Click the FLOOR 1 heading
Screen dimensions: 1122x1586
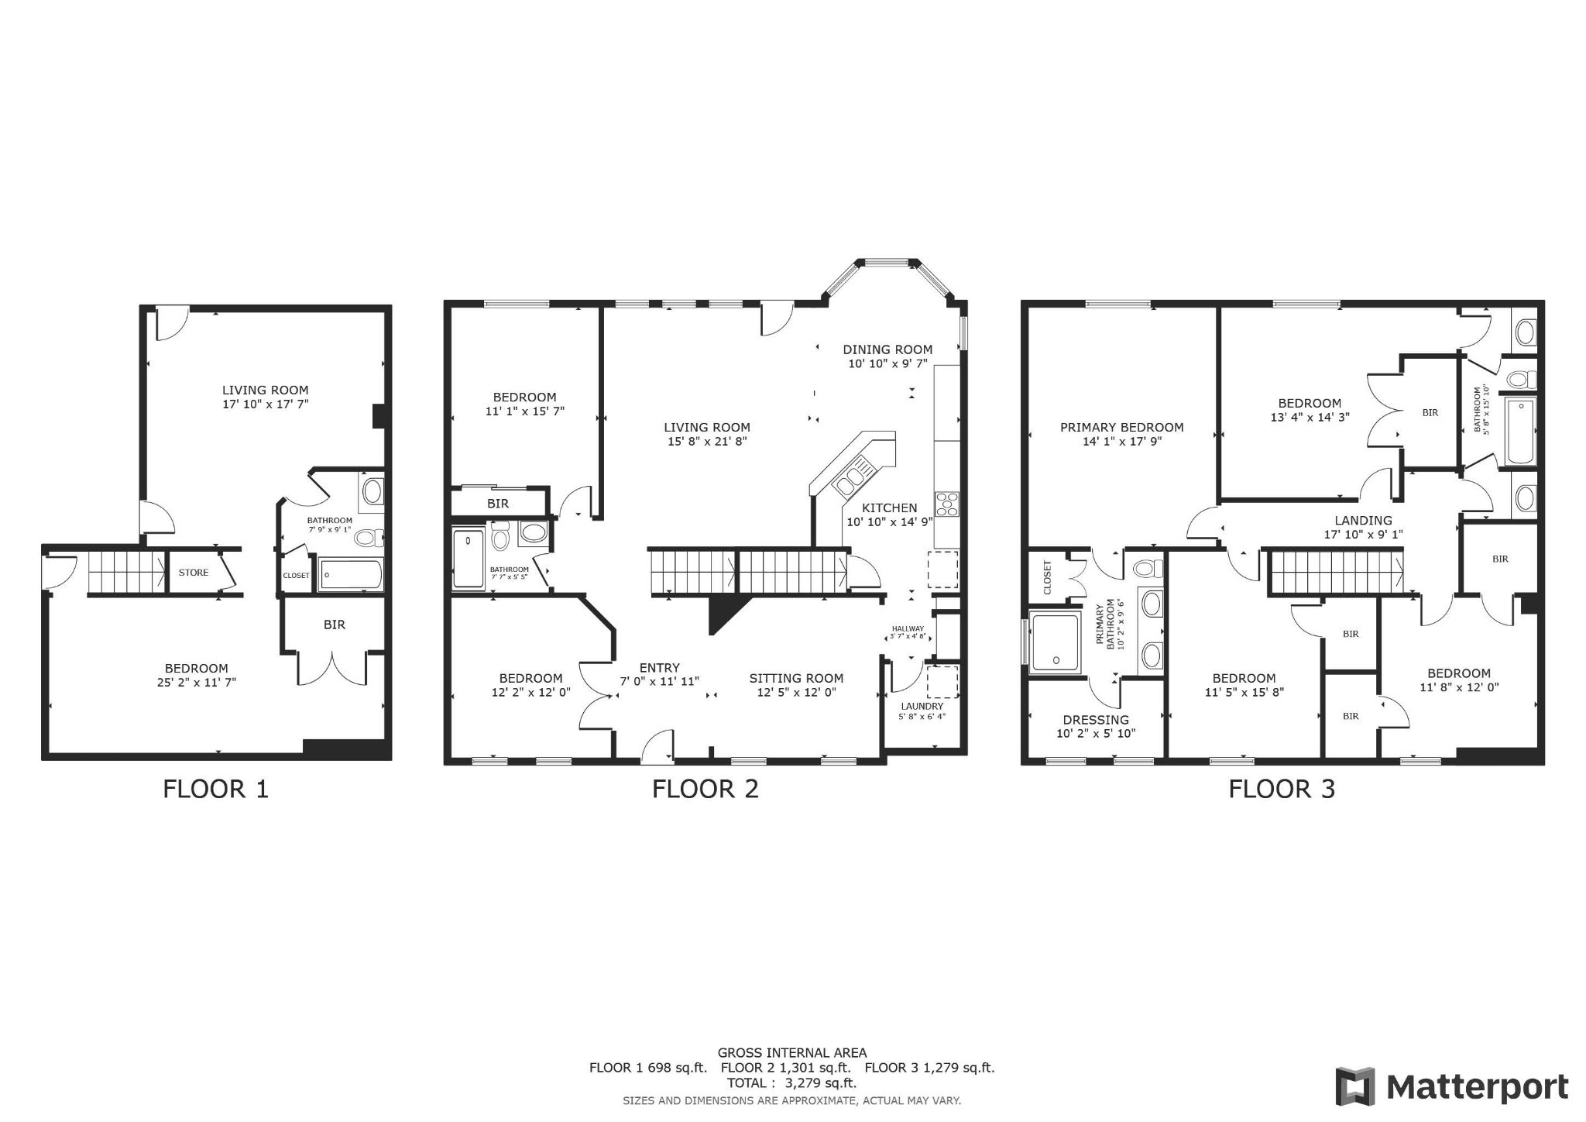[215, 789]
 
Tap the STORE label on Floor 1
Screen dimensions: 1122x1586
[194, 573]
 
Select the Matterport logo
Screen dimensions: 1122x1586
[1451, 1086]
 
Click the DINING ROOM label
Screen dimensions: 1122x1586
[887, 349]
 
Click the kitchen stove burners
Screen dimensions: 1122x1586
[946, 504]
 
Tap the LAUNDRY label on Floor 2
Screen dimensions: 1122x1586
[922, 706]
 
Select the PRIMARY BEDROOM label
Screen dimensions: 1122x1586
[1121, 427]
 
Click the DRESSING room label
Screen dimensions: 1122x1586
[1096, 719]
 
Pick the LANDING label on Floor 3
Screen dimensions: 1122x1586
[1363, 521]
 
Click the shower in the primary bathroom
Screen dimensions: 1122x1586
[1055, 639]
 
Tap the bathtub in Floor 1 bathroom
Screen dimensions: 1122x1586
[351, 575]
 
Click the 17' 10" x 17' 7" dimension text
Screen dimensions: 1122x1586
[265, 404]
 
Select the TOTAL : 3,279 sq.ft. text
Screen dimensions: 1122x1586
[791, 1082]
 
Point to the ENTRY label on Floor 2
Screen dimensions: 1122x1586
[659, 667]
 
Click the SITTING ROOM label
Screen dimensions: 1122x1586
[796, 678]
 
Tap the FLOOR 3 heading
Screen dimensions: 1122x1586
[1282, 789]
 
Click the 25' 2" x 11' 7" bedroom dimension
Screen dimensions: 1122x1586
[196, 683]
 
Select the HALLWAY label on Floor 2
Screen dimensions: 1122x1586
[908, 628]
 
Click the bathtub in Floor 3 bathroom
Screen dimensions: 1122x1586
[1520, 430]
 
